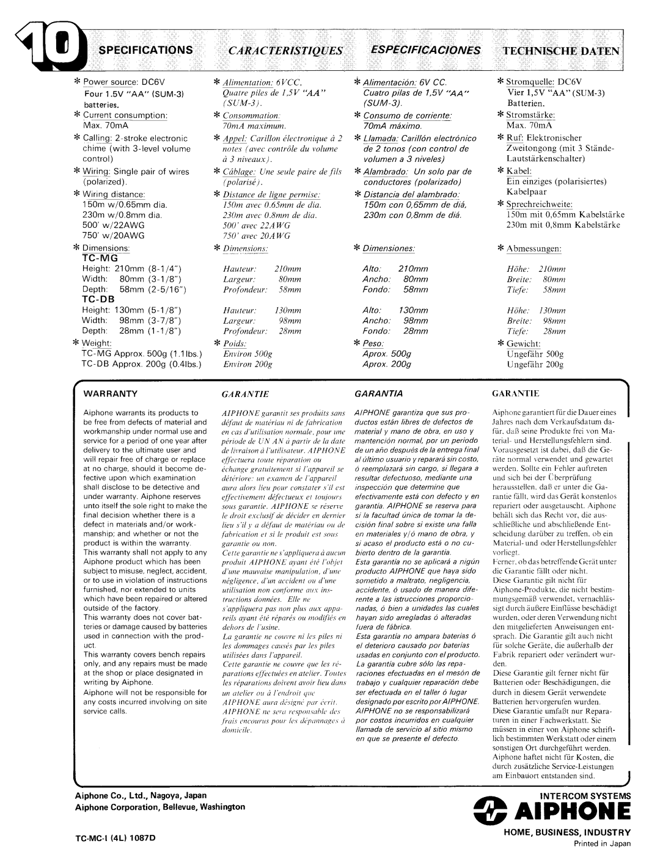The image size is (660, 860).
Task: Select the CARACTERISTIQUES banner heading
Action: click(x=285, y=50)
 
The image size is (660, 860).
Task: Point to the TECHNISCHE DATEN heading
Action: click(x=561, y=51)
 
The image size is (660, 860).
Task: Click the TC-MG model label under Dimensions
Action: click(x=100, y=258)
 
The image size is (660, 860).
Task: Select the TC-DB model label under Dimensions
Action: click(x=99, y=300)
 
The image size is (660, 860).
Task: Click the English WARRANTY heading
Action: click(x=115, y=394)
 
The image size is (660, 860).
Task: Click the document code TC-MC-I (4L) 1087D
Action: click(x=116, y=837)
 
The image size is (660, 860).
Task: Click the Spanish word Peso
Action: click(x=377, y=344)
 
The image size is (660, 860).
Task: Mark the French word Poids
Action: click(x=234, y=344)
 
